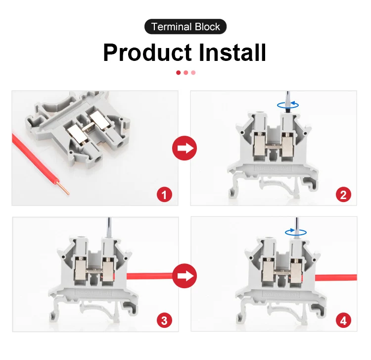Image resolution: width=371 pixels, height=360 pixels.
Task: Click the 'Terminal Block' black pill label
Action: (x=185, y=27)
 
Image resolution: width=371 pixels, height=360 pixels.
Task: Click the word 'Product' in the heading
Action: (x=147, y=52)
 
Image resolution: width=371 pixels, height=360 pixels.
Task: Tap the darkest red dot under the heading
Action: (x=178, y=72)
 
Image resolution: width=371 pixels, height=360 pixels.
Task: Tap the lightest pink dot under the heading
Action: (x=193, y=72)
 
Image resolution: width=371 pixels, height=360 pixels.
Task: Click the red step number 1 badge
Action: (x=165, y=194)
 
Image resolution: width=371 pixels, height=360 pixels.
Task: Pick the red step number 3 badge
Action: (x=165, y=320)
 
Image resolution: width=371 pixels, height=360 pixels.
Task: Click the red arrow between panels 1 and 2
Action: (x=184, y=148)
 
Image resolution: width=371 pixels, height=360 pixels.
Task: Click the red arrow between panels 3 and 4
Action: (x=184, y=275)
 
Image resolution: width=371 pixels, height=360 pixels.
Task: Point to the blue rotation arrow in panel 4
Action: (x=295, y=231)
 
